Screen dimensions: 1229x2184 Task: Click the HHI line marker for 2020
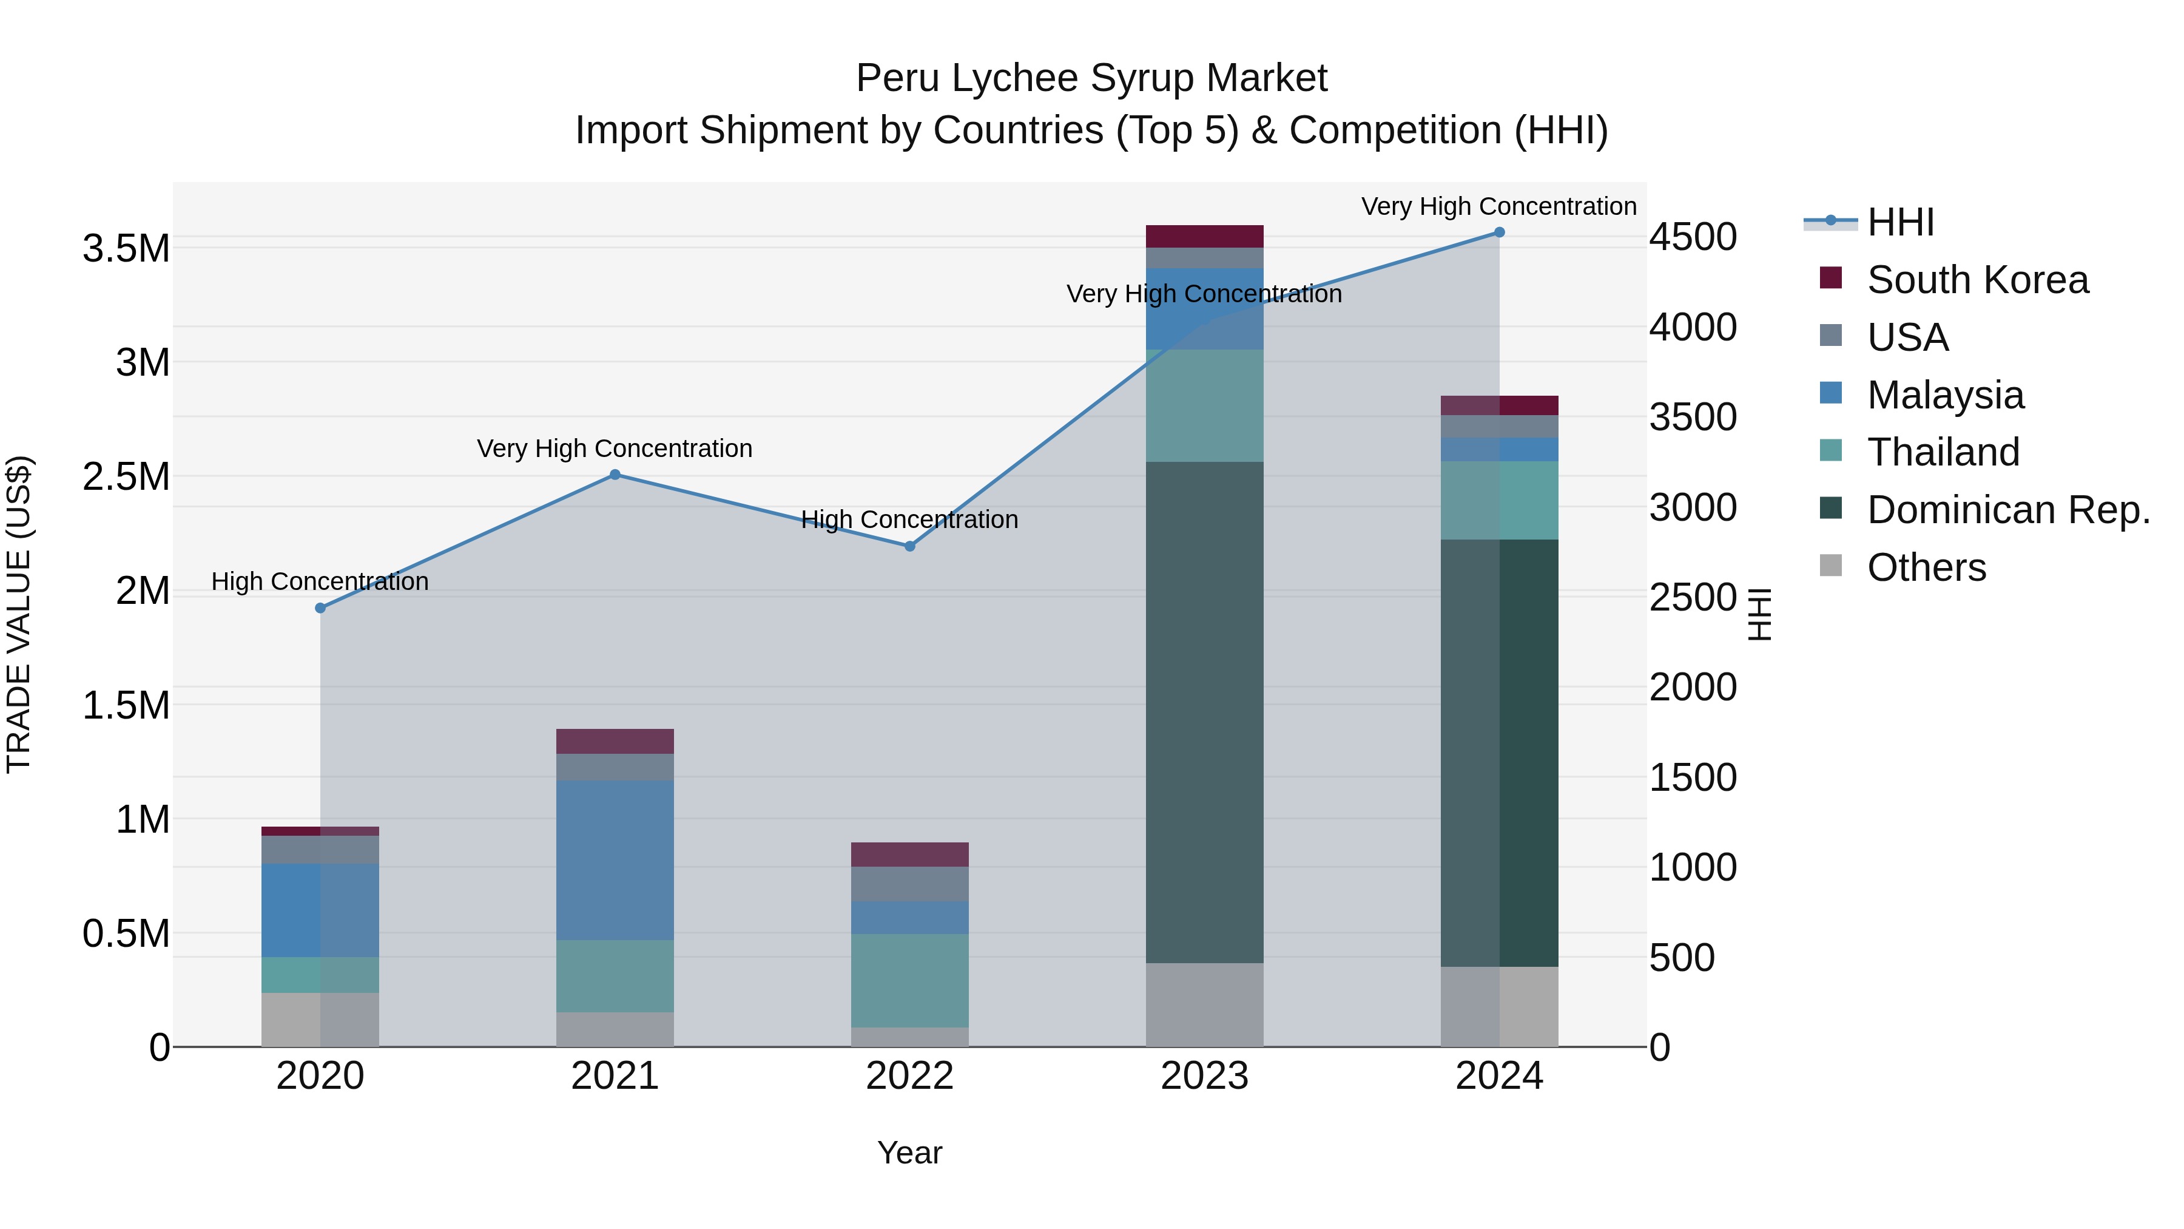tap(320, 608)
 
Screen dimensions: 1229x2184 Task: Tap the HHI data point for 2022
tap(910, 546)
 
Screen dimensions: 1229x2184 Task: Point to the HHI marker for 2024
tap(1499, 232)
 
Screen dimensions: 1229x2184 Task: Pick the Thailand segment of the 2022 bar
tap(910, 981)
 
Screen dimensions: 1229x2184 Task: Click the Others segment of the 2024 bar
tap(1499, 1007)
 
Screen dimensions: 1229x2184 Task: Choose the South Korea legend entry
tap(1977, 280)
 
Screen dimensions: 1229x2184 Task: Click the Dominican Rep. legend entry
tap(2007, 510)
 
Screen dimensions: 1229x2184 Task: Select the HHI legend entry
tap(1900, 222)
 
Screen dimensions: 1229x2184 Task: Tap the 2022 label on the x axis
tap(910, 1076)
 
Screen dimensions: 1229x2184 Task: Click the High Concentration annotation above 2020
tap(320, 582)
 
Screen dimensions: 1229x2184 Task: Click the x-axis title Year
tap(910, 1153)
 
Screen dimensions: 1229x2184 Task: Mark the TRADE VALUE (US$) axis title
tap(19, 614)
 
